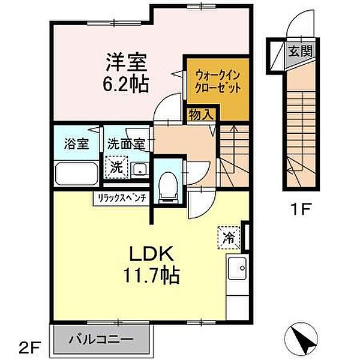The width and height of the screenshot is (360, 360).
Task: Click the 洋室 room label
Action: pos(127,62)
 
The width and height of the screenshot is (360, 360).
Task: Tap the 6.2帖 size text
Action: pos(127,83)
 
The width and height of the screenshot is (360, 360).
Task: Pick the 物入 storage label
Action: pos(199,114)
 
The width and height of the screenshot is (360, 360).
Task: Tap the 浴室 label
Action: pos(77,144)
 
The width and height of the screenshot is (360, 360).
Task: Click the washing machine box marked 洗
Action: pos(116,167)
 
